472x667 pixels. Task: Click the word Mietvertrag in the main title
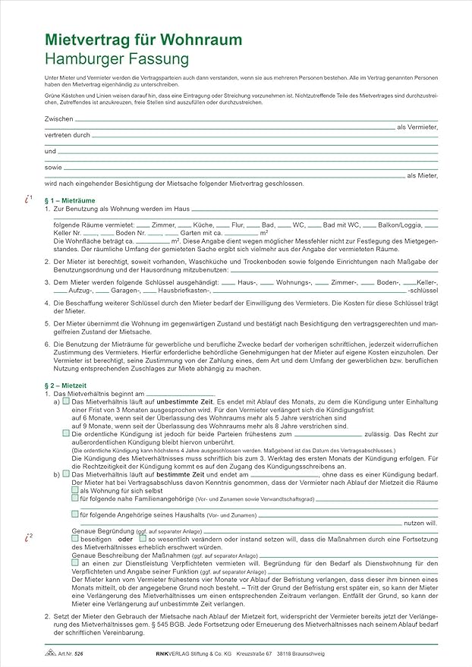coord(81,39)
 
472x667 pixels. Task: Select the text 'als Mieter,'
coord(422,175)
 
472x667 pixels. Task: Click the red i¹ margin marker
coord(28,199)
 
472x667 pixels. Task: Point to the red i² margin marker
coord(28,537)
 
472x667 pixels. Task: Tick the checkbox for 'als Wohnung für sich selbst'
coord(74,490)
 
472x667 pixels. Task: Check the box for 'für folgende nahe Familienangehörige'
coord(74,499)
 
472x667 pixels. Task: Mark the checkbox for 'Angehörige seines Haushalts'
coord(74,514)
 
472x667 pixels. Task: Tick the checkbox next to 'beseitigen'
coord(74,538)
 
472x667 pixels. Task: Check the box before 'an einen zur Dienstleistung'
coord(74,563)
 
